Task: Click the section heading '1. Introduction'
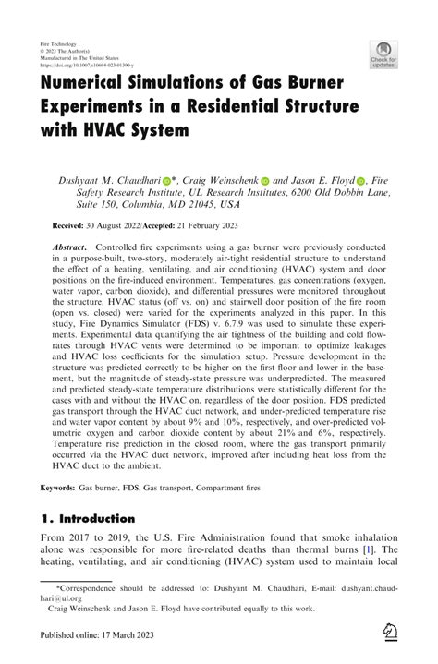pyautogui.click(x=88, y=519)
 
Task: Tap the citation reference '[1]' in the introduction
pyautogui.click(x=367, y=550)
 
